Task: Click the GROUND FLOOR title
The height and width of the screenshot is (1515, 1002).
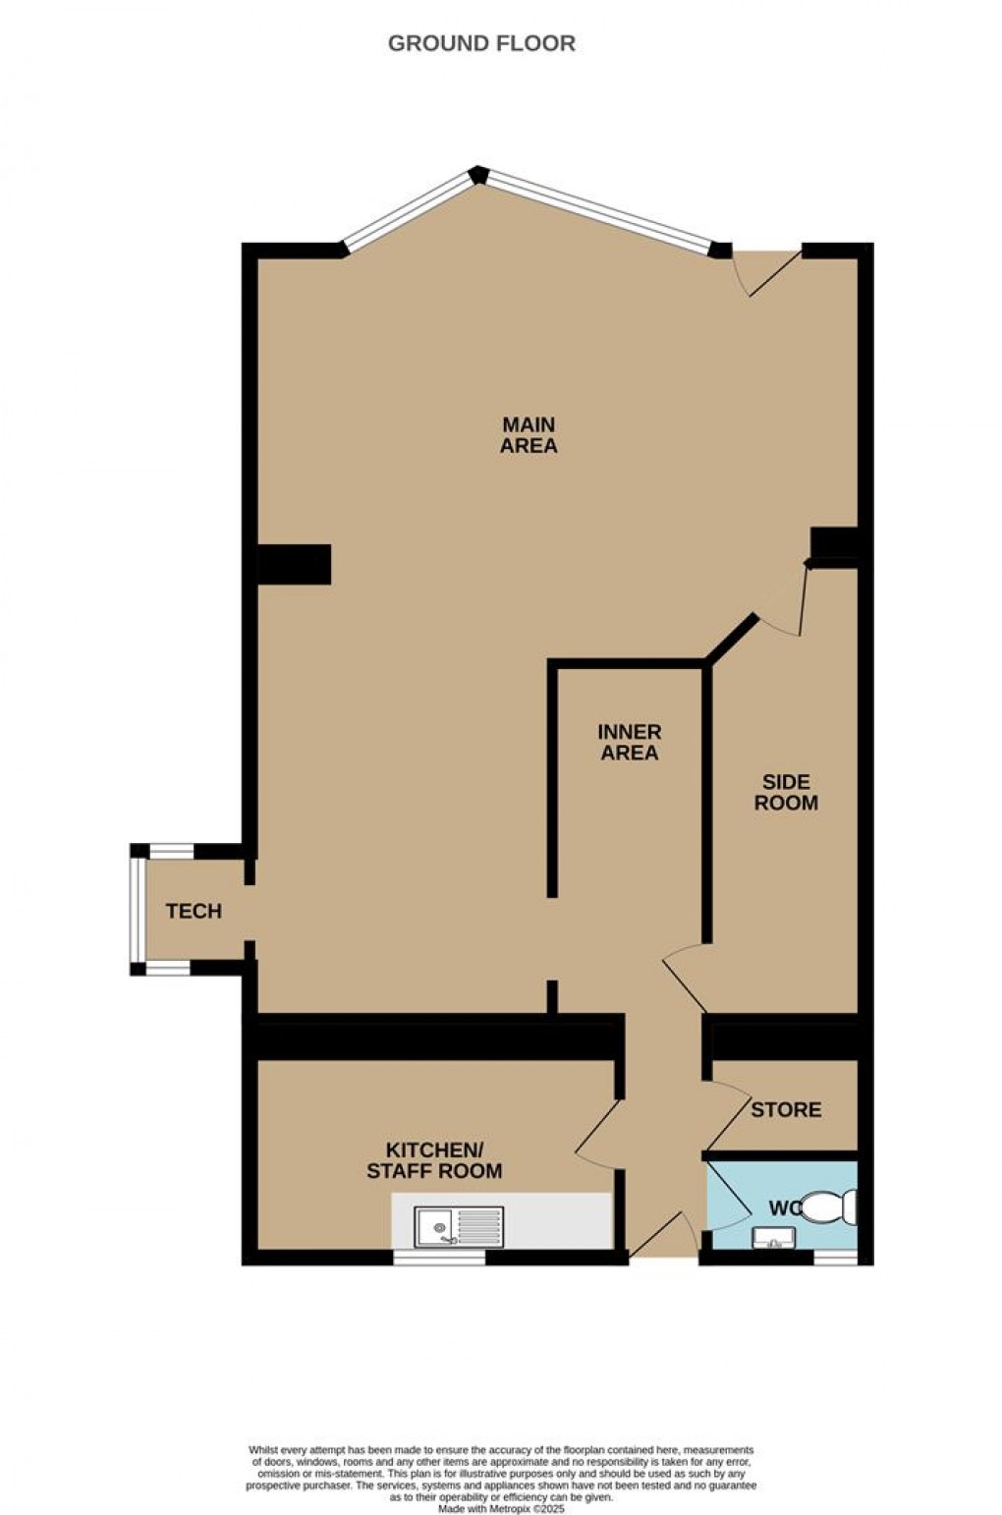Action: click(x=481, y=43)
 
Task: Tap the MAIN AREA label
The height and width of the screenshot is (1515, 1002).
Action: click(x=529, y=435)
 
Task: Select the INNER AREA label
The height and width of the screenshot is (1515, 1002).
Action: click(x=630, y=743)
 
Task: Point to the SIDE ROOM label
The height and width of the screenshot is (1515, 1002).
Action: click(x=786, y=792)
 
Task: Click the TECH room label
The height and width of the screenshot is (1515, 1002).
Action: click(x=194, y=912)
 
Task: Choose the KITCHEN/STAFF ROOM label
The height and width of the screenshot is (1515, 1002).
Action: click(x=434, y=1160)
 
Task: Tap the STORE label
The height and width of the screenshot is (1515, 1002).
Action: click(x=786, y=1110)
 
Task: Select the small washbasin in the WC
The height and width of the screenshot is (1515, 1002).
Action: click(x=772, y=1238)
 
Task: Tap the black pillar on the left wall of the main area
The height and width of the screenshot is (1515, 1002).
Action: click(x=294, y=565)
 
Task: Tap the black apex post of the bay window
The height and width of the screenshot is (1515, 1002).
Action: click(x=478, y=175)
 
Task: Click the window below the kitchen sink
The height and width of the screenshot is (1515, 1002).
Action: click(x=439, y=1257)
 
